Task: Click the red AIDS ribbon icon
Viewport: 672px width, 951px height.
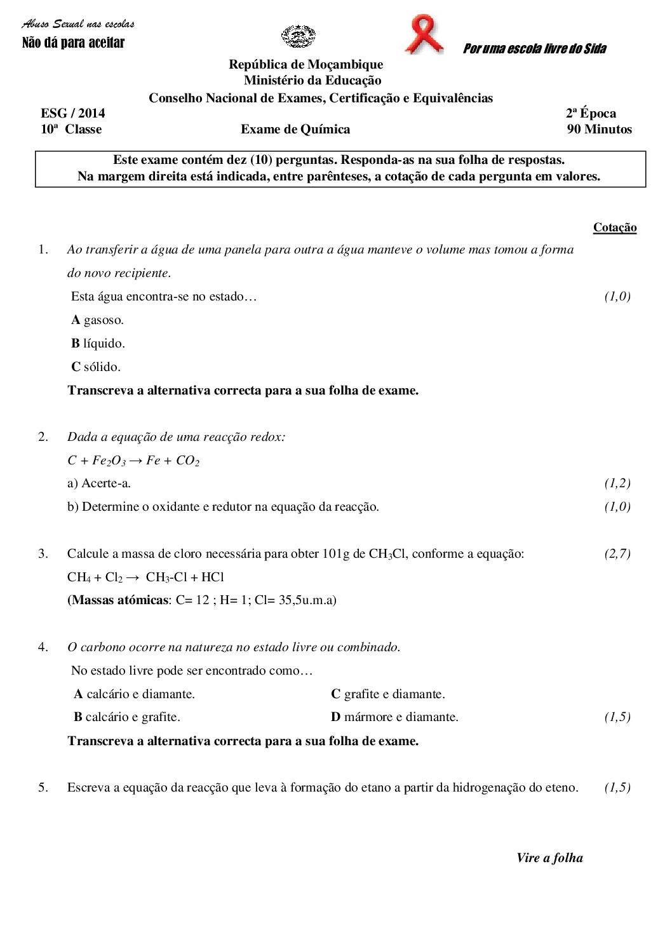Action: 424,34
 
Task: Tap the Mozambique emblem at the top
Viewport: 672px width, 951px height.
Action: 298,36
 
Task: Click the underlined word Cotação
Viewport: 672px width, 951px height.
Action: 614,227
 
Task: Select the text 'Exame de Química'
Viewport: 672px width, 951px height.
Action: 295,130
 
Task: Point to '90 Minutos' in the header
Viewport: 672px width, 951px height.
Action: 599,130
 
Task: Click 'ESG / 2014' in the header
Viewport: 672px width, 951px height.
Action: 73,114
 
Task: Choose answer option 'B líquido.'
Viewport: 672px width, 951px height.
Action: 98,344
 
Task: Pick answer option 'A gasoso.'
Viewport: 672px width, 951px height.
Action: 97,320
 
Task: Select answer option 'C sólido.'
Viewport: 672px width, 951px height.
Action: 95,367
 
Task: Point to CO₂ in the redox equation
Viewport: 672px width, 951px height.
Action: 187,461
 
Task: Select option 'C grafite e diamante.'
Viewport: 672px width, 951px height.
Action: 387,694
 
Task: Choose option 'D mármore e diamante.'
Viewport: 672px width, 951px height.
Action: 394,717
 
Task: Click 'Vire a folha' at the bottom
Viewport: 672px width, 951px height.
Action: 549,858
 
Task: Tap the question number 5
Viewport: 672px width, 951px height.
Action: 43,788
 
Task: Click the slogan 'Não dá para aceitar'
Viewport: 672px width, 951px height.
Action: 73,43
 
